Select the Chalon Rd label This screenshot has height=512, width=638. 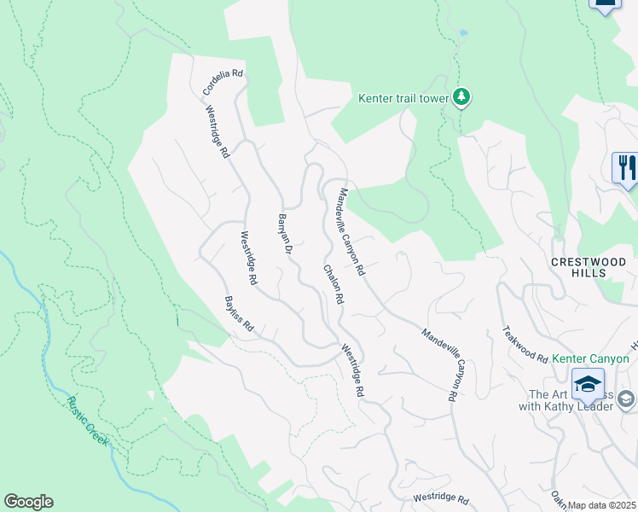tap(333, 284)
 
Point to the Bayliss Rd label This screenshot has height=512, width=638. tap(240, 314)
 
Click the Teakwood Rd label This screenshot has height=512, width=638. tap(525, 344)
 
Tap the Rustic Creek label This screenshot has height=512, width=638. tap(88, 422)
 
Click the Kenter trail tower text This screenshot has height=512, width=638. tap(403, 98)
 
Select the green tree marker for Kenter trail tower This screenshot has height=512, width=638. tap(461, 97)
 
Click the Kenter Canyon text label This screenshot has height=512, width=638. tap(590, 358)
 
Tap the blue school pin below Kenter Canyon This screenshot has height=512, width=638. tap(587, 385)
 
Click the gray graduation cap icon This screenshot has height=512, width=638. tap(626, 399)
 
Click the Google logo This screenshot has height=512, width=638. tap(28, 502)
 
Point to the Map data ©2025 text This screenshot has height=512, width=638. tap(601, 505)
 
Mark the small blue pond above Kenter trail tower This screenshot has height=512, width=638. tap(462, 33)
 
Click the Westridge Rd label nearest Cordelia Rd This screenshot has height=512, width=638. tap(217, 131)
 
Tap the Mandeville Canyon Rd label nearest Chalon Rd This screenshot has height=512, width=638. tap(352, 231)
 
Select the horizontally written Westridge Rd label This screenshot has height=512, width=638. tap(441, 498)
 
